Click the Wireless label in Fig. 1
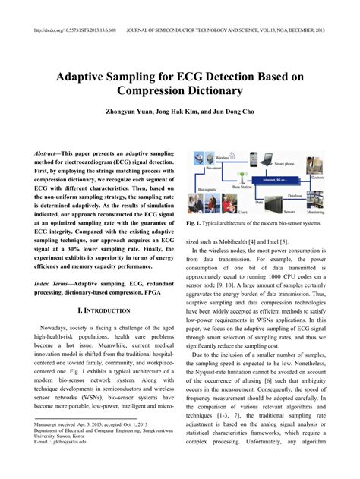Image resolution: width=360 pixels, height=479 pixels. [x=220, y=158]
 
